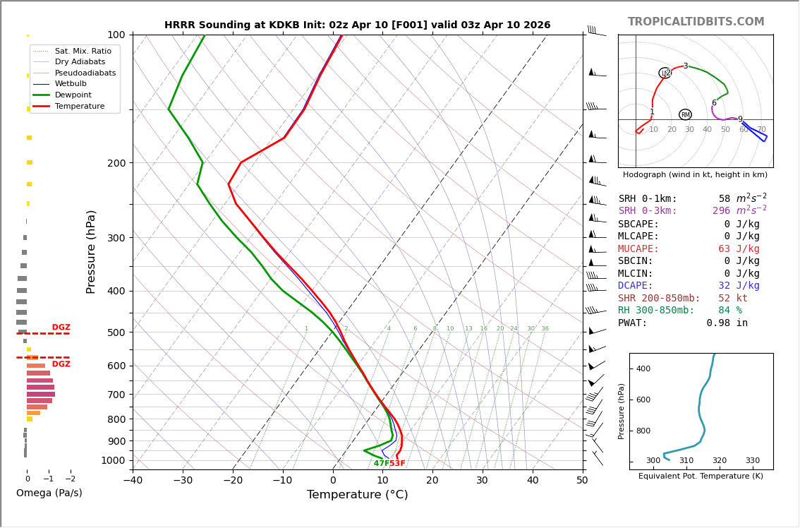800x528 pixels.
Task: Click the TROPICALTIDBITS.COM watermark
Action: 696,22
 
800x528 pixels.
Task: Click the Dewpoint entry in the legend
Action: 75,95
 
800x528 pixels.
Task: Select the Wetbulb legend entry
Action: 74,84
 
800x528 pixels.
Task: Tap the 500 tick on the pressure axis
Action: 116,332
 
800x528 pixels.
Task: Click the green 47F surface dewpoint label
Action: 381,463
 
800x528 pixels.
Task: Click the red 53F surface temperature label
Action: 397,463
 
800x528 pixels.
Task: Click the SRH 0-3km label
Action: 648,211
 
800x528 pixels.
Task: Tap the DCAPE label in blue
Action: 636,286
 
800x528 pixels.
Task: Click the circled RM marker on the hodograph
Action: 685,114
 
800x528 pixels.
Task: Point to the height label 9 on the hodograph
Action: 740,119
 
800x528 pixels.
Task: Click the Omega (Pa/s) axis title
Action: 49,493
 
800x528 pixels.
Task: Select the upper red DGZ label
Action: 61,328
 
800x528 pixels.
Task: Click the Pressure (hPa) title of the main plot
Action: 91,251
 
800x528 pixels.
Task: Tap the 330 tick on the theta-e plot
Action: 752,461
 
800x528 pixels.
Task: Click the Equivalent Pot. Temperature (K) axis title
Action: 701,476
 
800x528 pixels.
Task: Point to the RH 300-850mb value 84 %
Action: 730,311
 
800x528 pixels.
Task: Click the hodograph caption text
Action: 695,174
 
